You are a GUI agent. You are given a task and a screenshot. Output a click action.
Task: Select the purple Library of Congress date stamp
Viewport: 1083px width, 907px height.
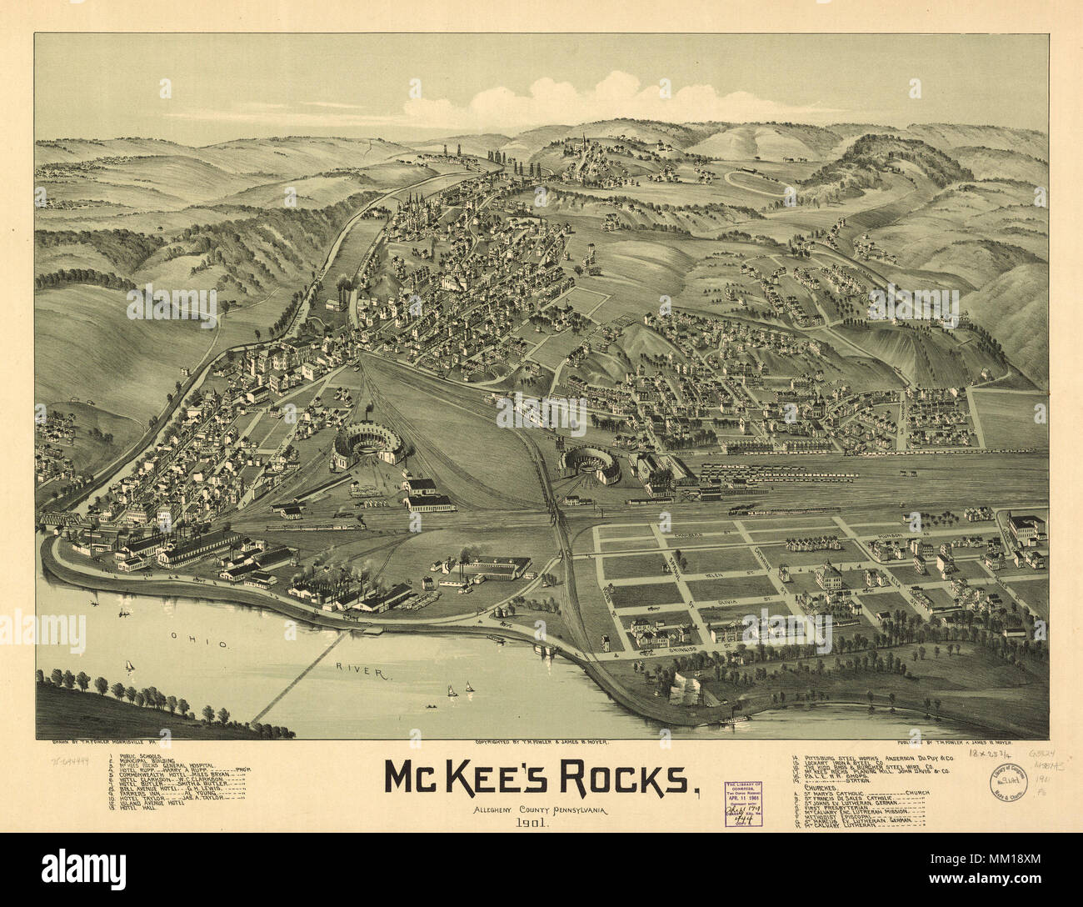(748, 804)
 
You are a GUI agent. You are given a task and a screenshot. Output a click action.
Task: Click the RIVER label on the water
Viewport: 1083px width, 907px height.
(355, 669)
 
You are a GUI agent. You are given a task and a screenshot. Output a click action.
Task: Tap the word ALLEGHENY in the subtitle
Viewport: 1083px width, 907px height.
(492, 809)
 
